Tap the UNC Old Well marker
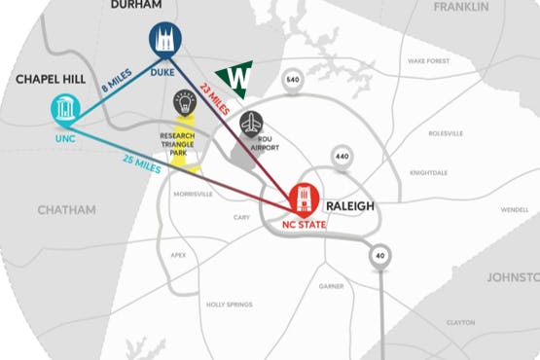(65, 109)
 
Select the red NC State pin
(304, 198)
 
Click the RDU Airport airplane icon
(251, 125)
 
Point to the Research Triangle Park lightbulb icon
(184, 102)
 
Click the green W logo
(234, 78)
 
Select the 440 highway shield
(342, 156)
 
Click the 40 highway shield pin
(378, 255)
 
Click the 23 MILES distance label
(214, 99)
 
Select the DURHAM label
(136, 5)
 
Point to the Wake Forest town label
(429, 60)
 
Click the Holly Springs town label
(230, 305)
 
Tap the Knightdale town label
(428, 172)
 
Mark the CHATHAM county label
(67, 209)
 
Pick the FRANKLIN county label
(460, 7)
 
